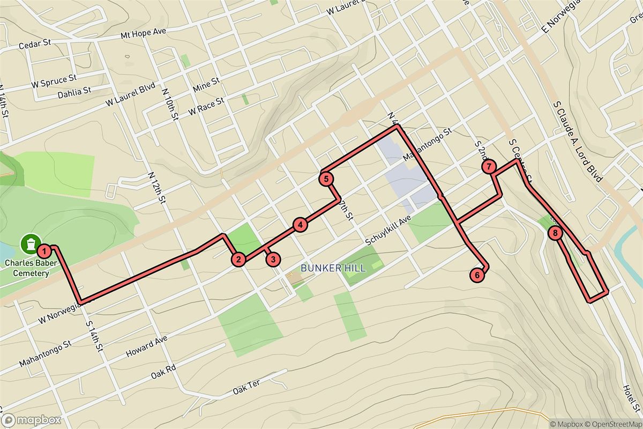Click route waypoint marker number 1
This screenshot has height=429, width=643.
click(46, 250)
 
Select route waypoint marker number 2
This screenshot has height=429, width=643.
click(238, 260)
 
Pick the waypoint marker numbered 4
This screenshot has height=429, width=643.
click(301, 225)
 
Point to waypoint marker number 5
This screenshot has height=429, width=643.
click(326, 179)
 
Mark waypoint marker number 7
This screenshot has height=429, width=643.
click(489, 167)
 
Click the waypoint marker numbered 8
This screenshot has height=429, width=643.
click(555, 233)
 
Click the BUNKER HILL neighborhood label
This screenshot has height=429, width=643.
click(333, 268)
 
